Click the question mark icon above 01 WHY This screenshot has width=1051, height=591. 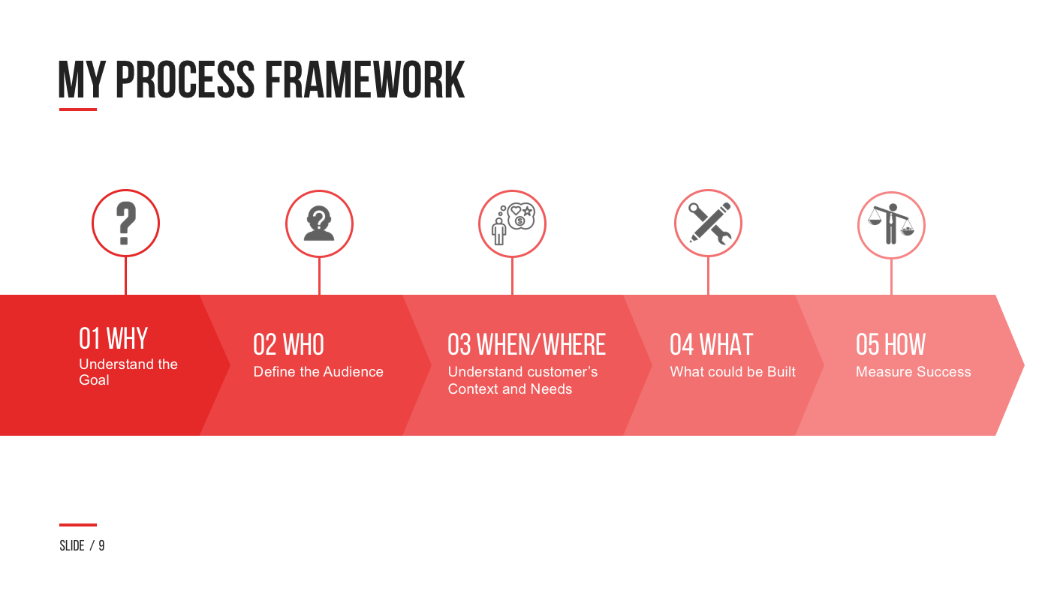(125, 223)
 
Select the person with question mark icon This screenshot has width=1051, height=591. (319, 223)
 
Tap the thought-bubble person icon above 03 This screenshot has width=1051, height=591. (512, 223)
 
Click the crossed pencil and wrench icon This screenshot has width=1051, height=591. (708, 223)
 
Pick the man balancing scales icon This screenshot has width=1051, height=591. (891, 224)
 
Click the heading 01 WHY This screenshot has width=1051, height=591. (113, 339)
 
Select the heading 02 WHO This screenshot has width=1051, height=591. (288, 345)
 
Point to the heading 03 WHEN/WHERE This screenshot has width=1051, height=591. (526, 345)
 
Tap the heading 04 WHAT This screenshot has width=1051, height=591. (711, 345)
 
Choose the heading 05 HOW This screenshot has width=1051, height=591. (890, 345)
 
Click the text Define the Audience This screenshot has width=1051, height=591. (318, 372)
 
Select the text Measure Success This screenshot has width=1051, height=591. (913, 372)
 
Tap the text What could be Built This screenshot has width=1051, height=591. (733, 372)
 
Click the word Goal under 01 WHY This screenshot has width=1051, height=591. (95, 380)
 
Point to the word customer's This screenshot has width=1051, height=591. (562, 372)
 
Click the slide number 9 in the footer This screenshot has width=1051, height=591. (101, 546)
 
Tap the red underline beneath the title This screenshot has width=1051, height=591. (78, 109)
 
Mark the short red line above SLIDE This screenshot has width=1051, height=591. (78, 525)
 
